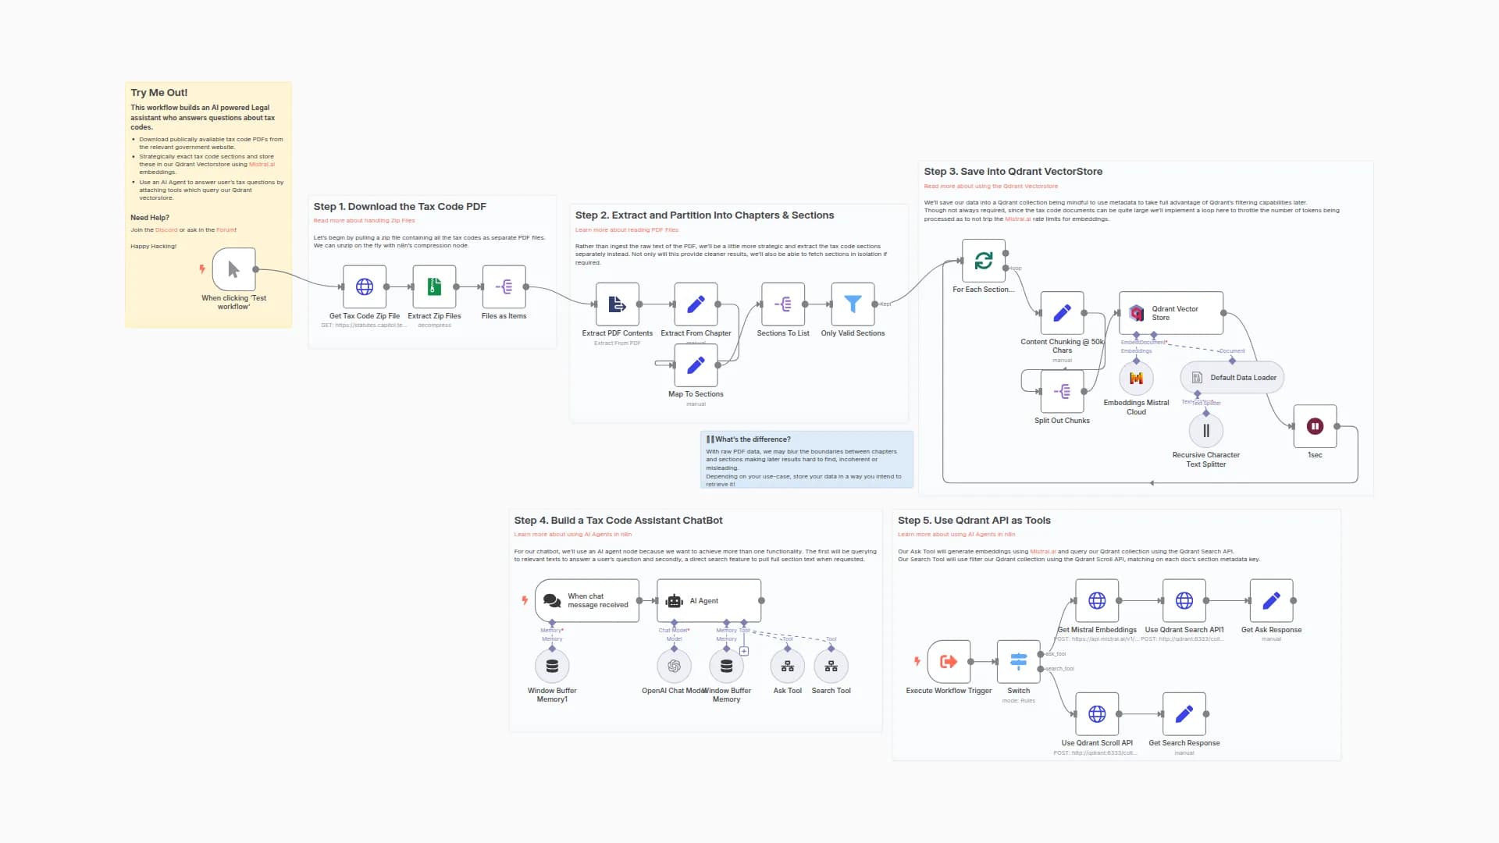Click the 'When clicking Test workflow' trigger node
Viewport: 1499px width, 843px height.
click(233, 269)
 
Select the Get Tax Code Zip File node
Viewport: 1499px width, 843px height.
click(365, 286)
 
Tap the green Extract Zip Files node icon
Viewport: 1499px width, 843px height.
click(434, 286)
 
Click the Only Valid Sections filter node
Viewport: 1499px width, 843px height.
click(853, 304)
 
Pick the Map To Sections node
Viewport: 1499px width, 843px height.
click(696, 365)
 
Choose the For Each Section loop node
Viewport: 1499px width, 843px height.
click(983, 261)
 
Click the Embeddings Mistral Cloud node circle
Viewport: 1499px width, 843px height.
click(1136, 379)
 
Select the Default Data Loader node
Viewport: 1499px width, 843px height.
click(1232, 378)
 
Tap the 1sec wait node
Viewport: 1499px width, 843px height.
click(1315, 426)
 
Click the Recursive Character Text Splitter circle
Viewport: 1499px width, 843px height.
click(1205, 431)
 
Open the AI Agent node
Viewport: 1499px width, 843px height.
click(709, 600)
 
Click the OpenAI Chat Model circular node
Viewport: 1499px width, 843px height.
click(674, 666)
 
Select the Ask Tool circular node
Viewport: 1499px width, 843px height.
click(787, 666)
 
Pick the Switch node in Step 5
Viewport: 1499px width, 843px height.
click(1018, 661)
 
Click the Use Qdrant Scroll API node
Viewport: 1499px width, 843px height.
click(1097, 713)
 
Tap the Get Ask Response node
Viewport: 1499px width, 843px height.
click(1271, 600)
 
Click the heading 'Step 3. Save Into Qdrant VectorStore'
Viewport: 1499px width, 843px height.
click(1013, 172)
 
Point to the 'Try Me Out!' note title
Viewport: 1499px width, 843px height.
click(159, 93)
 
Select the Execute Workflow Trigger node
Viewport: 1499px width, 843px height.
click(949, 661)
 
